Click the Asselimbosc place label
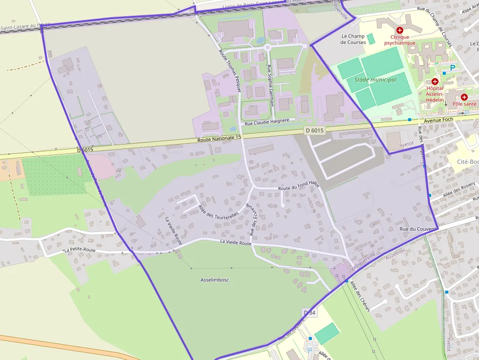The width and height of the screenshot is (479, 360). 215,280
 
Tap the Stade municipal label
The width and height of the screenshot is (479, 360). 375,79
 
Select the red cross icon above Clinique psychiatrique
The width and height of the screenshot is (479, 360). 400,30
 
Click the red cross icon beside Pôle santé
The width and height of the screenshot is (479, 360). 464,97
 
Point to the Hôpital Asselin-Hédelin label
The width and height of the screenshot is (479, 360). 435,94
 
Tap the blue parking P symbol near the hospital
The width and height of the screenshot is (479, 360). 452,67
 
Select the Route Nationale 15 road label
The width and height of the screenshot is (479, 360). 219,139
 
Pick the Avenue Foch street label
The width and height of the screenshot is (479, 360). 439,119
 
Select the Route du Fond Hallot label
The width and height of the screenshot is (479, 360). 299,188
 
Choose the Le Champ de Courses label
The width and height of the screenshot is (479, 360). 353,39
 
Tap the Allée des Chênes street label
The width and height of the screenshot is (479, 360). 362,295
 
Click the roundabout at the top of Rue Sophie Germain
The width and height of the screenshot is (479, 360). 268,47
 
